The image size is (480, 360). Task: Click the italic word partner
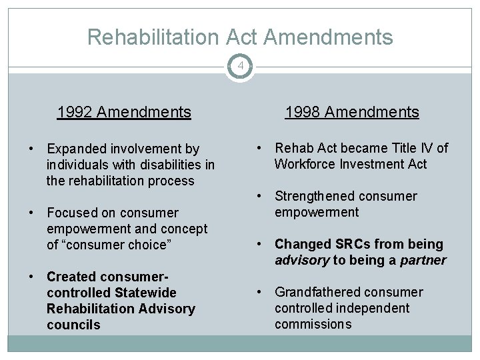(x=423, y=261)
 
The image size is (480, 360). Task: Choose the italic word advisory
(x=302, y=261)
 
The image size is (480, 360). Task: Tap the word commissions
(x=313, y=325)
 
